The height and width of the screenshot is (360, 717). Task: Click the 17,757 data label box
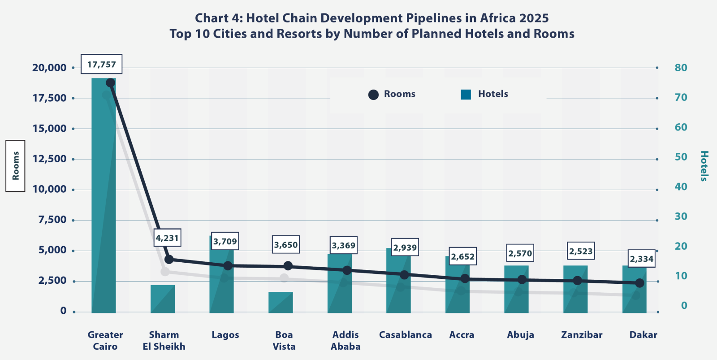click(101, 65)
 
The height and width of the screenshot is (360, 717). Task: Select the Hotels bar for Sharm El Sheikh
click(163, 299)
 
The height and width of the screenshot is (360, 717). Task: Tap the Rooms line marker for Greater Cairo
click(110, 83)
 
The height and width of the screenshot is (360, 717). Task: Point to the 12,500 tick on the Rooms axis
click(49, 159)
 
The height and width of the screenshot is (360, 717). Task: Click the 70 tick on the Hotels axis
click(681, 97)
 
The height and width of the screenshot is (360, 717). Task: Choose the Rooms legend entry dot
click(373, 95)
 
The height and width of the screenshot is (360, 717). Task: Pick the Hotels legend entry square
click(466, 95)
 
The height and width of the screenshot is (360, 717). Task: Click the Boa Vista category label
click(284, 340)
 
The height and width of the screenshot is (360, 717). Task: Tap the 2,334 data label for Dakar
click(641, 259)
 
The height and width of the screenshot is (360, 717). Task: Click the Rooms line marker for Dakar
click(639, 283)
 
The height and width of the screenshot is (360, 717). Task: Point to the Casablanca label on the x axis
click(405, 335)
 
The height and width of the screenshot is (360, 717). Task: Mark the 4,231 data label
click(167, 238)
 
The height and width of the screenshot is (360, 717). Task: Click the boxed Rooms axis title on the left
click(16, 166)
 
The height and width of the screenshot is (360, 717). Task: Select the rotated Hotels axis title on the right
click(704, 166)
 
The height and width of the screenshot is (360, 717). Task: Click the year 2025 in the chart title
click(534, 18)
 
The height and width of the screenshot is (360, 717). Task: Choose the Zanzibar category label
click(582, 335)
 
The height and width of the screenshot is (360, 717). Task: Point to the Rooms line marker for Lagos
click(228, 265)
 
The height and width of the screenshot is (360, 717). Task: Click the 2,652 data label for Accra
click(462, 256)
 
